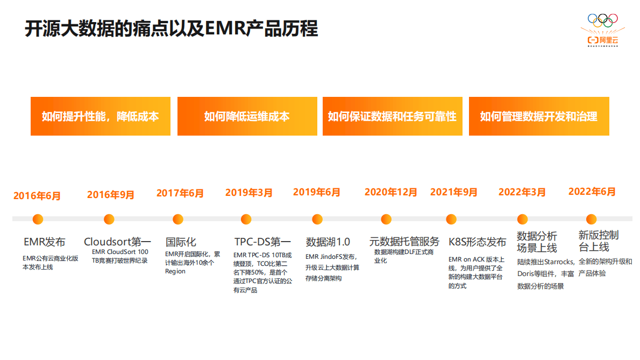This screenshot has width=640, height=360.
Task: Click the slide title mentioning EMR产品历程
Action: click(x=171, y=29)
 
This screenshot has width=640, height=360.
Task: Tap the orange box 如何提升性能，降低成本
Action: click(x=101, y=116)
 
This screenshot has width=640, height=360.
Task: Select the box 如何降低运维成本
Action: click(x=247, y=116)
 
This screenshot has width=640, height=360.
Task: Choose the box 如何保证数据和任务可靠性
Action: click(x=392, y=116)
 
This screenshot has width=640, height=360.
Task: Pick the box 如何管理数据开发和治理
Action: click(x=539, y=116)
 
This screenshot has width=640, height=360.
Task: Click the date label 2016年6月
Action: click(x=37, y=196)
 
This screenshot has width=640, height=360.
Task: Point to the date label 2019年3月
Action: click(x=249, y=193)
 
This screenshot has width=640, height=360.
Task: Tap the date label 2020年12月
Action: click(x=391, y=192)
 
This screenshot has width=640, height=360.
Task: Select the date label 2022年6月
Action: click(x=592, y=192)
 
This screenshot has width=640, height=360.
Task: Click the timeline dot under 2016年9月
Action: click(x=109, y=219)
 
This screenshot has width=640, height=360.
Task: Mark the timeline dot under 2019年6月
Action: click(x=317, y=219)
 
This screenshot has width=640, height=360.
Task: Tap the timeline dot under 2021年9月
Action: click(x=452, y=219)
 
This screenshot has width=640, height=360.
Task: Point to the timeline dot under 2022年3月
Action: click(x=522, y=219)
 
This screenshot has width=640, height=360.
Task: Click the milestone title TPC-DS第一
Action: click(x=262, y=242)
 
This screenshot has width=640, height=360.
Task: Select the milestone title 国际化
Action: click(x=181, y=242)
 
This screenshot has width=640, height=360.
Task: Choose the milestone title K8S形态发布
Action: click(x=477, y=242)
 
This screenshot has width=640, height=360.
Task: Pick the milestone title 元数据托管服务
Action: click(x=404, y=241)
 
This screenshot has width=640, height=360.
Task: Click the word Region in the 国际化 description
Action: click(x=175, y=272)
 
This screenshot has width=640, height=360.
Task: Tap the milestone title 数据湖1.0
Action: click(x=328, y=242)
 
